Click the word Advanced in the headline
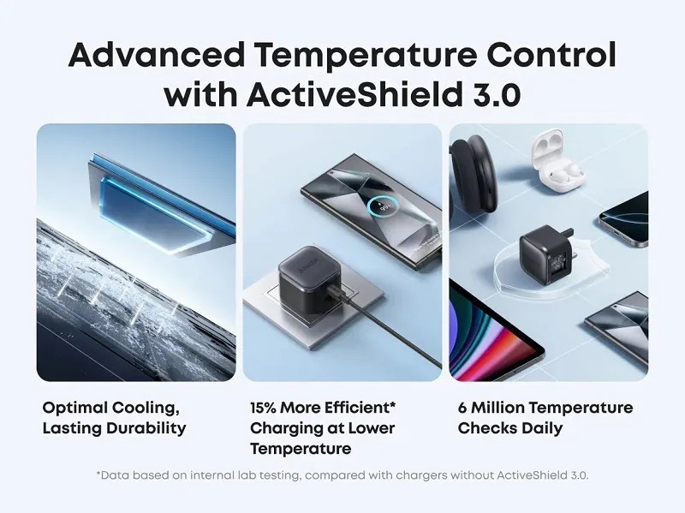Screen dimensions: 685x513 [x=156, y=55]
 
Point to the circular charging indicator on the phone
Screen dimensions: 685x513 [x=383, y=208]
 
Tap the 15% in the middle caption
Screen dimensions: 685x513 [x=263, y=409]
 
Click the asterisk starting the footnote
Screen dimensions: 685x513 [x=98, y=474]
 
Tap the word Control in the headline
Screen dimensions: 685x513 [x=551, y=55]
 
